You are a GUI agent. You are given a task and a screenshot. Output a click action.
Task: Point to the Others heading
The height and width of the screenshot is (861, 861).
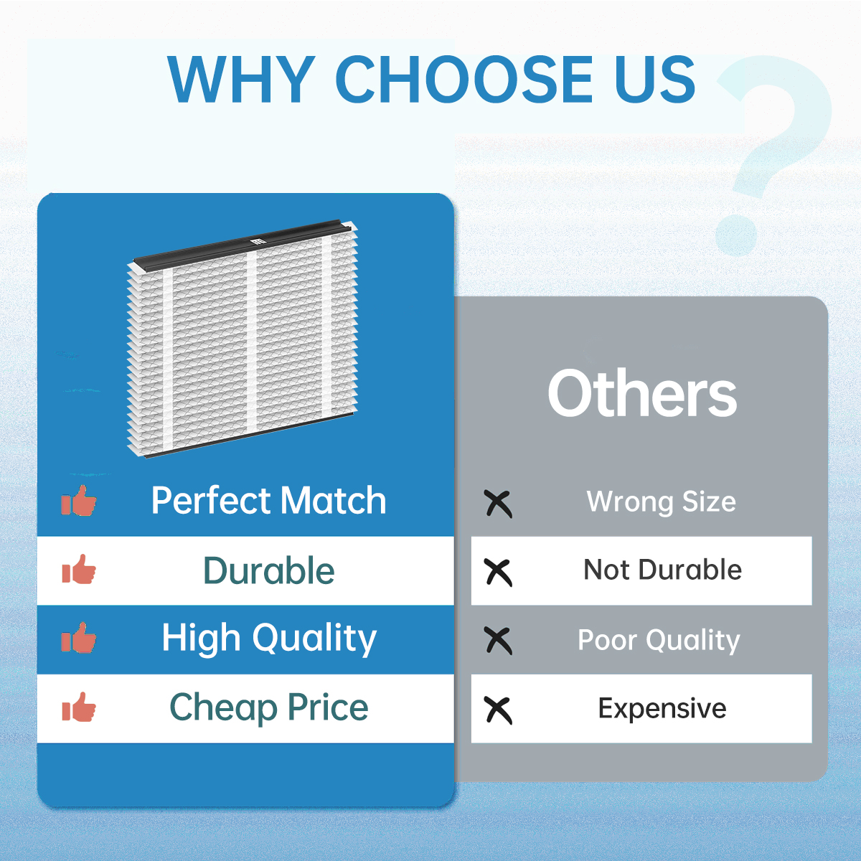[x=642, y=394]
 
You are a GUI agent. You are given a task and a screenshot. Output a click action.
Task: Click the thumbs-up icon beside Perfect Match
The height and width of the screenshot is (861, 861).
[x=79, y=500]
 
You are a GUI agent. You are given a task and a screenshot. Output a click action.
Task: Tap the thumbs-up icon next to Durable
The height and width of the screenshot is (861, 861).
[x=79, y=569]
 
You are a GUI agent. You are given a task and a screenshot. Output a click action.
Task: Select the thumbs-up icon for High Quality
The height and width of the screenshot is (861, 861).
[x=79, y=638]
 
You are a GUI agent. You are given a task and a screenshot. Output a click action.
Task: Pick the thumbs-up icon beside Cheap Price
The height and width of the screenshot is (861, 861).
[x=79, y=707]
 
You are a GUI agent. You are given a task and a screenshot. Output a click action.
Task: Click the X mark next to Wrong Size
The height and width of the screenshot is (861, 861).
[x=498, y=504]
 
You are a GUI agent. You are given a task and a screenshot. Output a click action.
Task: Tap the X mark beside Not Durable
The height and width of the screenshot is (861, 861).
[x=498, y=573]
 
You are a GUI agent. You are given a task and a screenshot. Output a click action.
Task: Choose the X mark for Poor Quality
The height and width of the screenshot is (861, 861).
[x=498, y=641]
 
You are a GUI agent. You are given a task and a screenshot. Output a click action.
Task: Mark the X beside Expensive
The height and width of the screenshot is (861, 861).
[x=498, y=710]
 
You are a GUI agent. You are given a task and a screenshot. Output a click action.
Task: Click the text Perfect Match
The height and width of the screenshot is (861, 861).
[x=269, y=500]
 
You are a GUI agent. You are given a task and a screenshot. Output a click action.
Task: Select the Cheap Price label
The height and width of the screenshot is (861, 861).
[x=269, y=707]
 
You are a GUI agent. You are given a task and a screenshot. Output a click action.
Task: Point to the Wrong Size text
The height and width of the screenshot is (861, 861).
[x=662, y=502]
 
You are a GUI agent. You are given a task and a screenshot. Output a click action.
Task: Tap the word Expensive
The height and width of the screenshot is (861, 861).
[x=662, y=709]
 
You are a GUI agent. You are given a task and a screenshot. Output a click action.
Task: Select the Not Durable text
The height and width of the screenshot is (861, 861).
[x=663, y=570]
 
